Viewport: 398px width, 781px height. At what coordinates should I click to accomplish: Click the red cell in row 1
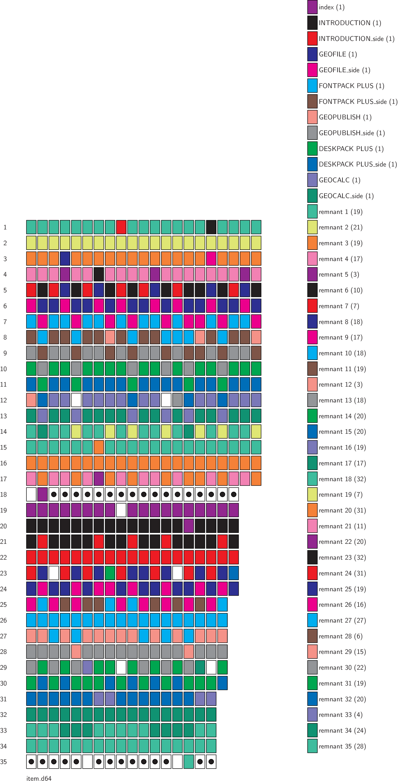[x=121, y=227]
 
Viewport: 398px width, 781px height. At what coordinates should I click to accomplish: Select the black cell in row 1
[x=211, y=227]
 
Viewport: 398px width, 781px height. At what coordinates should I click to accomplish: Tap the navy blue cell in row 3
[x=65, y=259]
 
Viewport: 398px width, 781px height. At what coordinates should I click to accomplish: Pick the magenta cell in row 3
[x=211, y=259]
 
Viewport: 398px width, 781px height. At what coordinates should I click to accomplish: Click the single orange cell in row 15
[x=99, y=447]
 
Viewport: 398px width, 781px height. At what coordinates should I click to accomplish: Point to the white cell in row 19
[x=121, y=510]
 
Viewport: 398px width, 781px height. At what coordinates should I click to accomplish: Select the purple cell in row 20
[x=189, y=526]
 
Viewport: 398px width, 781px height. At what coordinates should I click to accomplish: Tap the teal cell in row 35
[x=189, y=761]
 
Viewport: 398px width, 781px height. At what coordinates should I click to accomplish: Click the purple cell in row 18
[x=43, y=494]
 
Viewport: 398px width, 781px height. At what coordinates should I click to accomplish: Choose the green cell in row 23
[x=110, y=573]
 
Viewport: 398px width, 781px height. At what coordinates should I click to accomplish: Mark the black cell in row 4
[x=99, y=274]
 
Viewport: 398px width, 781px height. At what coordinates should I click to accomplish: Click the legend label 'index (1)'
[x=332, y=7]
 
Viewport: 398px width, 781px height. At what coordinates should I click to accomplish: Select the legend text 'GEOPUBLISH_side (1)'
[x=352, y=133]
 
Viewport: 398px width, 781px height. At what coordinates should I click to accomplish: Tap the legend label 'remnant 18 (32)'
[x=342, y=479]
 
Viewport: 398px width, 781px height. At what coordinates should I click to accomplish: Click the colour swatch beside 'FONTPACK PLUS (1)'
[x=312, y=86]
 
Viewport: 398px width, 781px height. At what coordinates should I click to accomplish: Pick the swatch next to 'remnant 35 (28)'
[x=312, y=746]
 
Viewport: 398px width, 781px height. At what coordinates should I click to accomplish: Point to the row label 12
[x=3, y=400]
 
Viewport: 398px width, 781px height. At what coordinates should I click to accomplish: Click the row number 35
[x=3, y=761]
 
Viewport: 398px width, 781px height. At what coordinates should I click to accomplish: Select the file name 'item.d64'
[x=39, y=778]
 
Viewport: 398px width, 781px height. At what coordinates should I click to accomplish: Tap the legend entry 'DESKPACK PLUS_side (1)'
[x=358, y=164]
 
